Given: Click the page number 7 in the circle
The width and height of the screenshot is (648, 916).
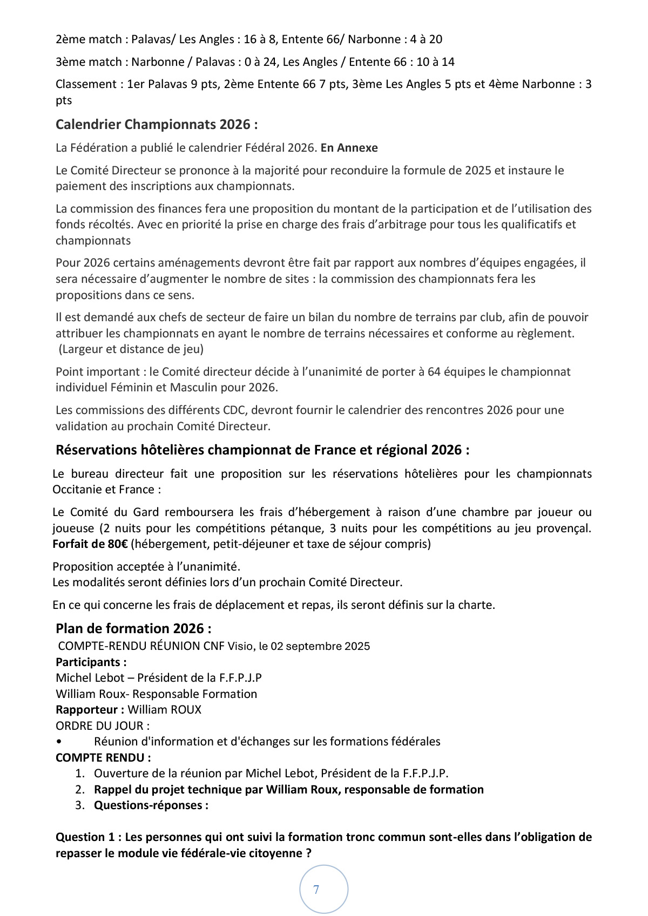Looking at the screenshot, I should pyautogui.click(x=316, y=890).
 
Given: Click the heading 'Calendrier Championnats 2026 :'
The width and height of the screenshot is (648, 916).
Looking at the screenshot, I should pyautogui.click(x=157, y=125).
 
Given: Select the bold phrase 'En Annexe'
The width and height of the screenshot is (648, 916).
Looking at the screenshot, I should pyautogui.click(x=349, y=148).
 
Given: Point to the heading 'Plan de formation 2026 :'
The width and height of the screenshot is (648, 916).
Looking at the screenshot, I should pyautogui.click(x=133, y=628).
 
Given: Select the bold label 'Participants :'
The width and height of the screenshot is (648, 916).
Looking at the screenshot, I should pyautogui.click(x=91, y=662).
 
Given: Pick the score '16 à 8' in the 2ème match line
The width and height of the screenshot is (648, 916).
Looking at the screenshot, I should pyautogui.click(x=259, y=39).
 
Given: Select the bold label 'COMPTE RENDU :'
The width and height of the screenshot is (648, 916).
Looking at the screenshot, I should pyautogui.click(x=103, y=757).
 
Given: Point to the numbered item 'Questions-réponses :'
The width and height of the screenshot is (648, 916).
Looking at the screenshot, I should pyautogui.click(x=151, y=805).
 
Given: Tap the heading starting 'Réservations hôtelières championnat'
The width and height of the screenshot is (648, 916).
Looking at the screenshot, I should pyautogui.click(x=262, y=450).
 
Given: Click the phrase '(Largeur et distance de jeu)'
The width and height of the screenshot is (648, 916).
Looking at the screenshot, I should pyautogui.click(x=131, y=349).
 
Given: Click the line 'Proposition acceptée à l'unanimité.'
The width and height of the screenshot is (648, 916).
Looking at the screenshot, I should pyautogui.click(x=146, y=567).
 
